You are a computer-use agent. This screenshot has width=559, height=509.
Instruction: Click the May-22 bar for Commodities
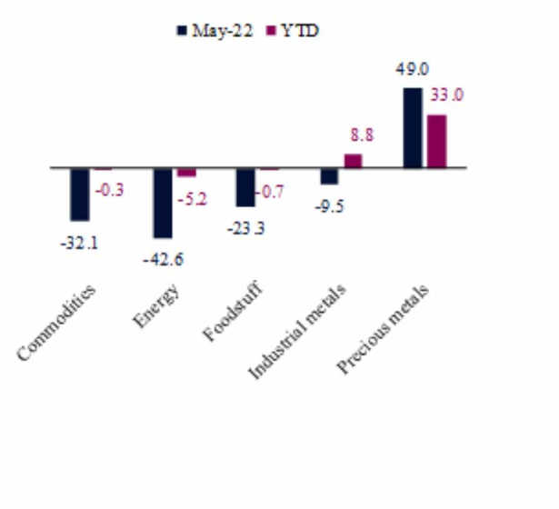tap(80, 194)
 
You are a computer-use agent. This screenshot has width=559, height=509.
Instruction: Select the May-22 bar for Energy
tap(163, 203)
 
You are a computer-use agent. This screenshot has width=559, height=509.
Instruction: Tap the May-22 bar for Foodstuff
tap(245, 187)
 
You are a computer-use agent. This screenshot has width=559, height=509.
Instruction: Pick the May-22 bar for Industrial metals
tap(329, 176)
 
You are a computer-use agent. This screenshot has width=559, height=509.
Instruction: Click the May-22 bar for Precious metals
tap(413, 128)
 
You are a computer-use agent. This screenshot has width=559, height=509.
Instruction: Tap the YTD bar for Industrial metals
tap(354, 161)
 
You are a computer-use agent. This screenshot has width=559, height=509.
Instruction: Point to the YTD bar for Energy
tap(186, 172)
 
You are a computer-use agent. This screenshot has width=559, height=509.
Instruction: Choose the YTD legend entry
tap(291, 30)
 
